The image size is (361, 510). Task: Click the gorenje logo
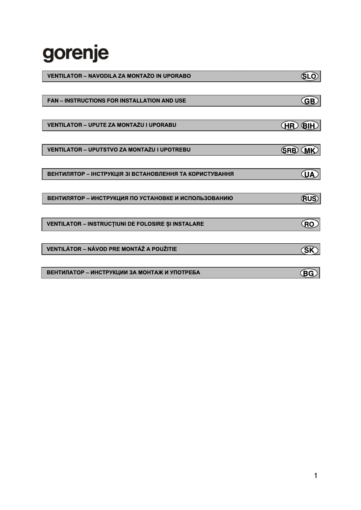76,54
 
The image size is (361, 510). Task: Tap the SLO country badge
309,76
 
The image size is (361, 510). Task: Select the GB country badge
310,101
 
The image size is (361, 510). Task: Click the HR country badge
289,126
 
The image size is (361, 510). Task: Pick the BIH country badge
310,126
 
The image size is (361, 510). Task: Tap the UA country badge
310,174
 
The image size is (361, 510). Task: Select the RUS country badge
310,199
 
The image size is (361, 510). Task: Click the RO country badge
310,224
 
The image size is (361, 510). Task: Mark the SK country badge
310,251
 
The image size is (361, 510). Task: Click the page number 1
316,476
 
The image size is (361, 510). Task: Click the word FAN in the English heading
53,101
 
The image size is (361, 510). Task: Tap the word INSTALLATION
139,101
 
